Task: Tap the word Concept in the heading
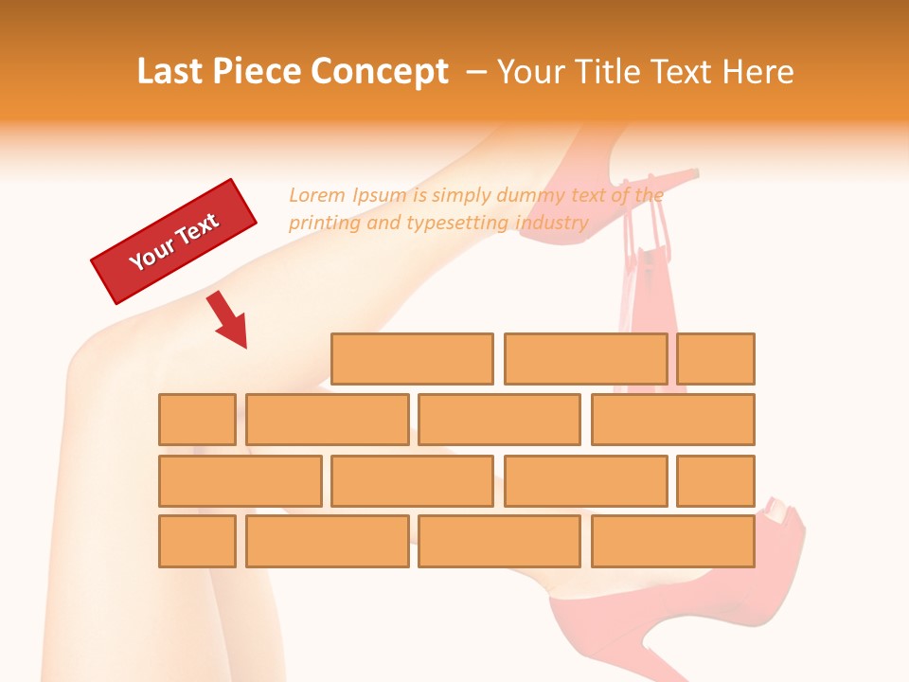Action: pyautogui.click(x=379, y=72)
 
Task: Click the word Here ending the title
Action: pyautogui.click(x=757, y=72)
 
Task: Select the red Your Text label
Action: pyautogui.click(x=174, y=242)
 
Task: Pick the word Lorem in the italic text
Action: pyautogui.click(x=317, y=195)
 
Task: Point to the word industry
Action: pyautogui.click(x=552, y=224)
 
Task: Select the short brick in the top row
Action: pyautogui.click(x=716, y=359)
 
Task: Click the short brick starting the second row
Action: pyautogui.click(x=197, y=420)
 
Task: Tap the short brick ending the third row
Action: pyautogui.click(x=716, y=481)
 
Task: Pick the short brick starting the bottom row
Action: pyautogui.click(x=197, y=542)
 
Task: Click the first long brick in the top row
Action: pyautogui.click(x=412, y=359)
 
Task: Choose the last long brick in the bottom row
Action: pyautogui.click(x=673, y=542)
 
